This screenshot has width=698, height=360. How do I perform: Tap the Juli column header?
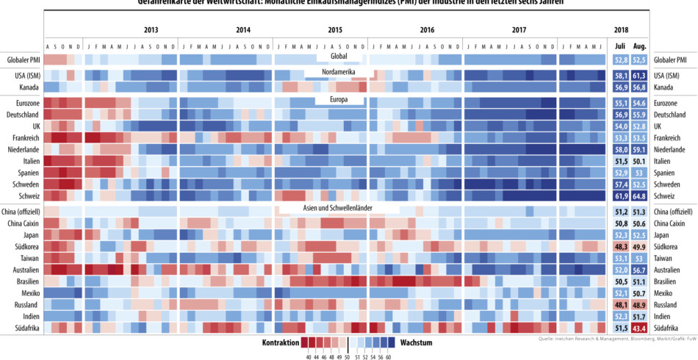coord(619,46)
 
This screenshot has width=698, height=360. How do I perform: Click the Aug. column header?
coord(639,46)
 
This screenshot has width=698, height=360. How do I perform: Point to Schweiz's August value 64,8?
coord(639,196)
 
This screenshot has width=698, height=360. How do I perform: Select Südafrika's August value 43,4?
coord(639,328)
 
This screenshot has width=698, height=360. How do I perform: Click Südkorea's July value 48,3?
coord(619,247)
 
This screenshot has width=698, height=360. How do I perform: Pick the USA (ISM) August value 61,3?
coord(639,76)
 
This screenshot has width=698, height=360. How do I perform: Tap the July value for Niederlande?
coord(619,149)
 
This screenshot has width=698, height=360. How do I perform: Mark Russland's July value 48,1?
coord(619,304)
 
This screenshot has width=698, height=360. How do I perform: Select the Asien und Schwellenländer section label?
coord(339,208)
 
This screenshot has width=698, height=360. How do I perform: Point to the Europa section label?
coord(339,98)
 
